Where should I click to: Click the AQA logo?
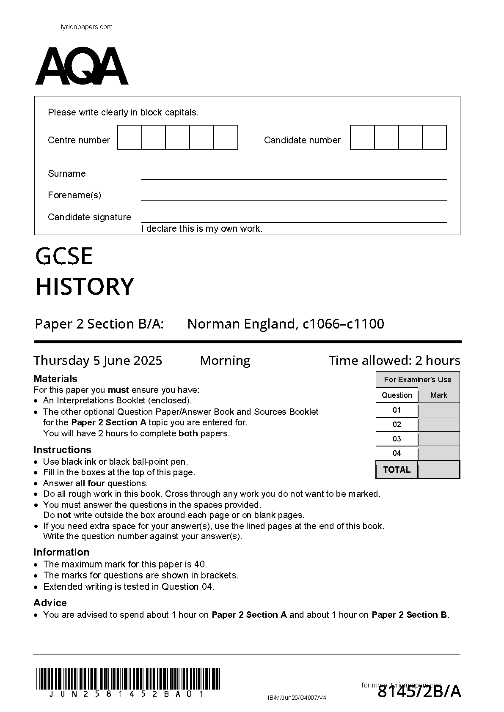(x=82, y=66)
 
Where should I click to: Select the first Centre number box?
(x=129, y=137)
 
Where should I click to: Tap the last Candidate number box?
(x=434, y=137)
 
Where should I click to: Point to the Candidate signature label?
(x=89, y=217)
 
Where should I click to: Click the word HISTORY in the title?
(x=85, y=287)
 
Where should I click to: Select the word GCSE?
(x=64, y=257)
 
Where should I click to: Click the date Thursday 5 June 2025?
(x=98, y=361)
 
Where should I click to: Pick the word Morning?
(x=225, y=361)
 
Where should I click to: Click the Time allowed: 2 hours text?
(x=394, y=361)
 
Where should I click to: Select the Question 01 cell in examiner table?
(x=397, y=410)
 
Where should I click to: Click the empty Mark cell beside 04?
(x=438, y=453)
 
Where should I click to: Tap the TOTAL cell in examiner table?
(x=397, y=470)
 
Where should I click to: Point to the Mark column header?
(x=438, y=395)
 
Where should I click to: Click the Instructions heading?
(x=62, y=450)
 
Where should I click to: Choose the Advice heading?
(x=50, y=603)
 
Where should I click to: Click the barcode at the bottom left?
(x=128, y=679)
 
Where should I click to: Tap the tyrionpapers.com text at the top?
(x=87, y=27)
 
